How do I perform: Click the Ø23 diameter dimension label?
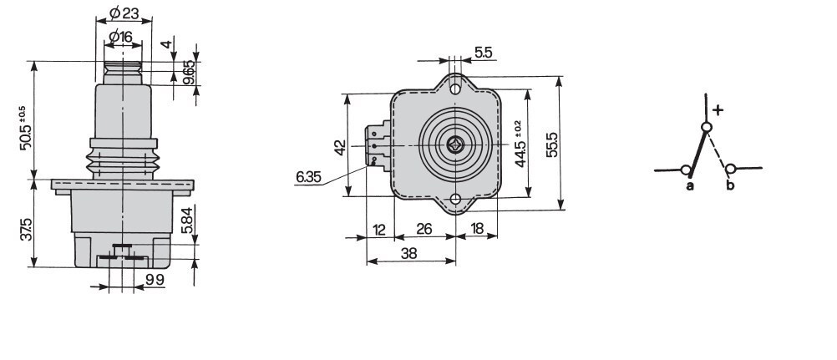pos(124,13)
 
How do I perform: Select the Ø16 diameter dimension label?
pos(120,36)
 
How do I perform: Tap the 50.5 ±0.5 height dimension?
pos(26,128)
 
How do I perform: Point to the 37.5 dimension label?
pos(27,229)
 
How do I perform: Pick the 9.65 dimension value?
pos(189,72)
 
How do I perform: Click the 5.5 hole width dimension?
pos(483,53)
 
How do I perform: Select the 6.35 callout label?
pos(308,177)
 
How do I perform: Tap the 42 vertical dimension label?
pos(340,147)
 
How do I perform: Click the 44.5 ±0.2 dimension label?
pos(520,144)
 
